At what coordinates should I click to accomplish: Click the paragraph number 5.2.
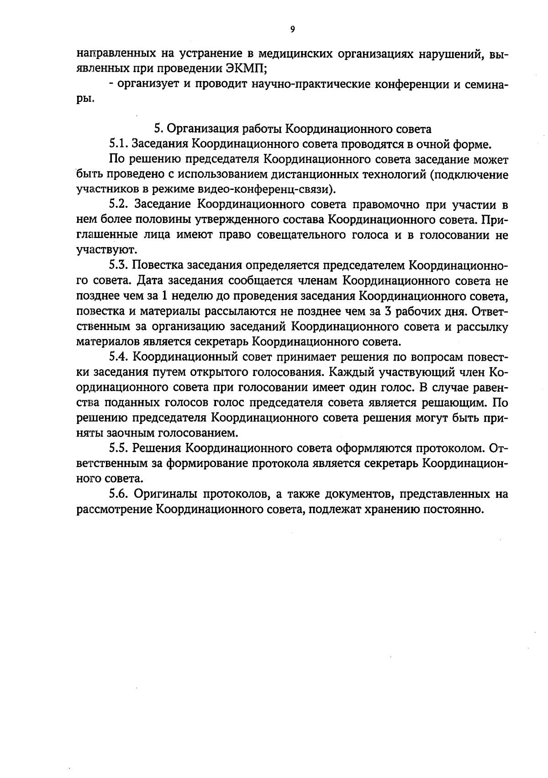119,205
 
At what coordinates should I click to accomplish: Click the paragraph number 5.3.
119,266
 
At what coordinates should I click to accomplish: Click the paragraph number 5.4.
119,357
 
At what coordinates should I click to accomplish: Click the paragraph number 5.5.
119,448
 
